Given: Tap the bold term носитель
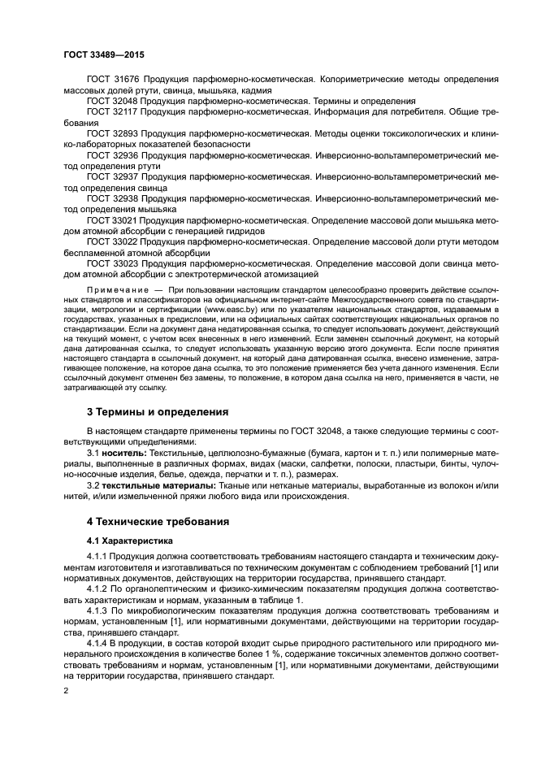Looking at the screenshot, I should coord(124,451).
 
